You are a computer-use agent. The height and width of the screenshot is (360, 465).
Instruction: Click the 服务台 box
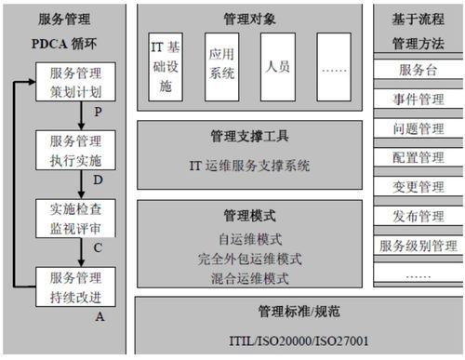coord(417,71)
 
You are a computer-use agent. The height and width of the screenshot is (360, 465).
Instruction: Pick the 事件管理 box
coord(417,100)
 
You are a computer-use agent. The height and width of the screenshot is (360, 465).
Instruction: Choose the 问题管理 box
coord(417,128)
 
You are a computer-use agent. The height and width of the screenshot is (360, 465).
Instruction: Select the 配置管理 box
coord(417,158)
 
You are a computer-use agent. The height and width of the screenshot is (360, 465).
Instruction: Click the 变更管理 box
coord(417,187)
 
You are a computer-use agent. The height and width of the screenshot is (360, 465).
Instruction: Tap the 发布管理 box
coord(417,217)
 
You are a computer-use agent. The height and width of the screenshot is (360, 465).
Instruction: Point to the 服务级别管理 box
coord(417,246)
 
